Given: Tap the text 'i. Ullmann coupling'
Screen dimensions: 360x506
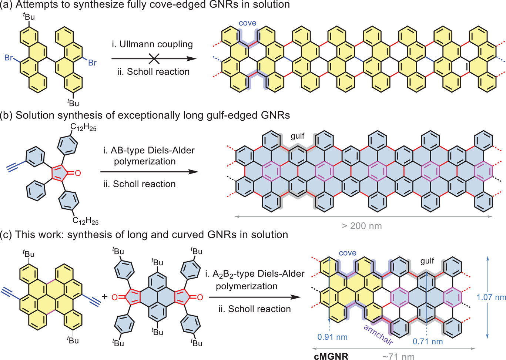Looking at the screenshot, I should click(x=152, y=44).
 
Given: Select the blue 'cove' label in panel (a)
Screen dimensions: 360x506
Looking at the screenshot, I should click(x=247, y=23).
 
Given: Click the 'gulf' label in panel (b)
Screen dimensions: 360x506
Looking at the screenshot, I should click(x=297, y=136).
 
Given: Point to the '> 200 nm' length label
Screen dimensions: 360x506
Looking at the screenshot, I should click(x=362, y=226).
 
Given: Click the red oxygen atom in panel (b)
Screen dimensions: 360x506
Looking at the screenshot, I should click(x=77, y=172).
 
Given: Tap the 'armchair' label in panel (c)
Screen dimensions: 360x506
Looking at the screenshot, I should click(x=378, y=334).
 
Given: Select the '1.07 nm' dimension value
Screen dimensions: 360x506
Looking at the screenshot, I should click(x=491, y=297).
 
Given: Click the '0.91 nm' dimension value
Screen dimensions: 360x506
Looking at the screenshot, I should click(x=332, y=337).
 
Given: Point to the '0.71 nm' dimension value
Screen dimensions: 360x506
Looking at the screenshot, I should click(x=428, y=341).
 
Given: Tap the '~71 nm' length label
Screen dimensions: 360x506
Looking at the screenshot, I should click(x=398, y=356).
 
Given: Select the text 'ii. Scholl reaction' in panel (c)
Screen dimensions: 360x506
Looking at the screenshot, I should click(x=254, y=309).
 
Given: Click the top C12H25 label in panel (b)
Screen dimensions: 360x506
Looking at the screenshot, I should click(x=83, y=128).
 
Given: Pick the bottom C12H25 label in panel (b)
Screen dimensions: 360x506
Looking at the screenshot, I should click(x=86, y=221).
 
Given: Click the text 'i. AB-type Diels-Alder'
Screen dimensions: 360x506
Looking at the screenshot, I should click(x=149, y=151).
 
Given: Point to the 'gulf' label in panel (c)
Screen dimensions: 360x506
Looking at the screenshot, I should click(x=427, y=261).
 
